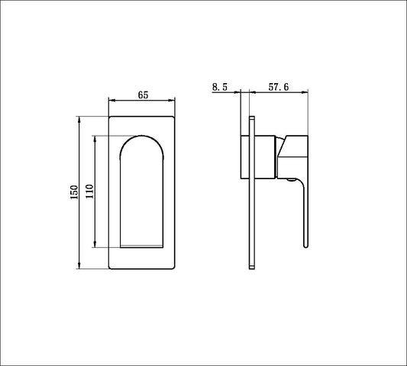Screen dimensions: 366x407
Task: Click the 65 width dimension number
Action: [x=143, y=95]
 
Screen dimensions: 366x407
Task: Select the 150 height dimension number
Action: [x=73, y=191]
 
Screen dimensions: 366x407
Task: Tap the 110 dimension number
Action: [x=89, y=191]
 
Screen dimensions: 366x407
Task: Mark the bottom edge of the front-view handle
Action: [x=143, y=246]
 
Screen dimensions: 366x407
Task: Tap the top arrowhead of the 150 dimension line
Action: [x=79, y=120]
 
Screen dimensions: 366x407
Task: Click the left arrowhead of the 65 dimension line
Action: [x=112, y=100]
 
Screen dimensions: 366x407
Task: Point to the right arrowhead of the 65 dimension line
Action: [x=174, y=100]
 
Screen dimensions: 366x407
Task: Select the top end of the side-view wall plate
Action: [x=252, y=117]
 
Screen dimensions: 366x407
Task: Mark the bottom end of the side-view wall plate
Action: [x=252, y=265]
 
